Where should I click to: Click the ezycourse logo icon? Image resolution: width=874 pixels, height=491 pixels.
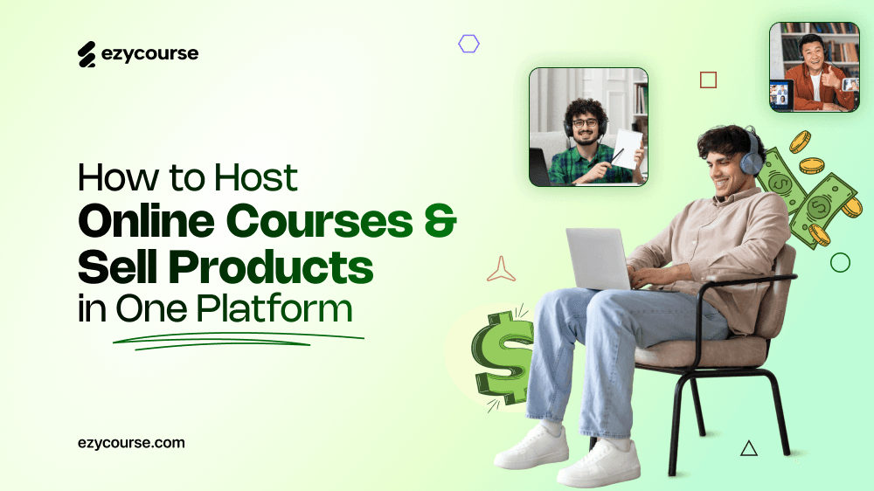(x=87, y=55)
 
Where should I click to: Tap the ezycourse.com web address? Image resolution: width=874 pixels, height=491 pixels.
(x=131, y=443)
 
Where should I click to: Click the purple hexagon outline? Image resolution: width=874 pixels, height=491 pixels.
(x=469, y=44)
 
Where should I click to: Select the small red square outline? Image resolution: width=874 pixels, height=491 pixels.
(x=708, y=80)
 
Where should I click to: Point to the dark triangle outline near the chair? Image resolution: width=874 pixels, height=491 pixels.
(x=748, y=448)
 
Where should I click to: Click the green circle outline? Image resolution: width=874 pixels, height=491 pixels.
(x=840, y=262)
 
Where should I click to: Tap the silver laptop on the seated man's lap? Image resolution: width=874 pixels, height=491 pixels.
(x=598, y=258)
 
